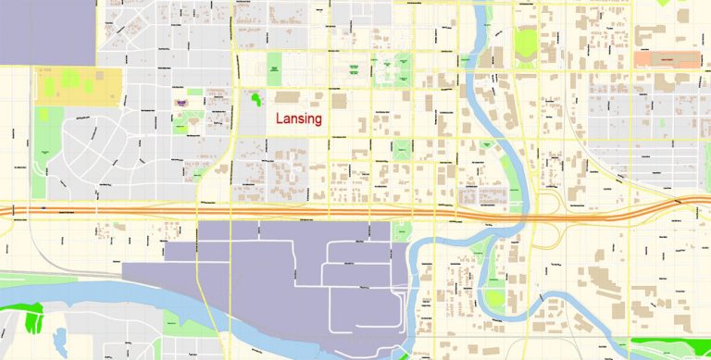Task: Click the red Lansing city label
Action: coord(298,119)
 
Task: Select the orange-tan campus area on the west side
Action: coord(78,86)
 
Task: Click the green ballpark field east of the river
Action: coord(526,43)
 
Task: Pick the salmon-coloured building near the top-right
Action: coord(667,58)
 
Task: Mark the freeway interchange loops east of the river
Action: coord(553,211)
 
